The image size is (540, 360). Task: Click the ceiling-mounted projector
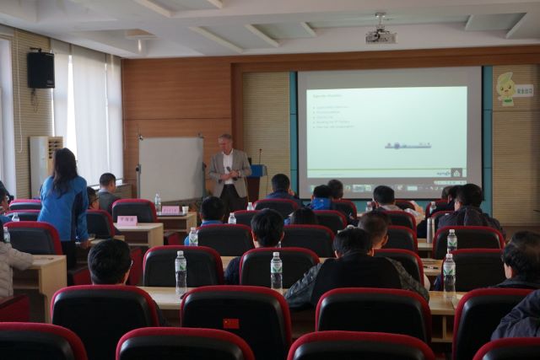point(381,35)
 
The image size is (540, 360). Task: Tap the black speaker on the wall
point(40,69)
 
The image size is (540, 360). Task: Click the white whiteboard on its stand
point(170,169)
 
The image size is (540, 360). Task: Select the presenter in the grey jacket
point(228,172)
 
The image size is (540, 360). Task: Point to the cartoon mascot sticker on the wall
point(505,89)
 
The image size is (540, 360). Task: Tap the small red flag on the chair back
point(231,323)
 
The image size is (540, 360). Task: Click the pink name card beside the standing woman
point(127,221)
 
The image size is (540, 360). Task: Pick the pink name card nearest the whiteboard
point(170,210)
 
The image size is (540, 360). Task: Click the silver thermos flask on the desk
point(430,228)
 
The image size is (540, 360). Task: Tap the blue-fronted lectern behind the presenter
point(254,182)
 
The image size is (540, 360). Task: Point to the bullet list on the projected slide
point(331,121)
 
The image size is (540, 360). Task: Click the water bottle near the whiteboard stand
point(158,202)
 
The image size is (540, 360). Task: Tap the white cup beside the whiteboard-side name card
point(185,209)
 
